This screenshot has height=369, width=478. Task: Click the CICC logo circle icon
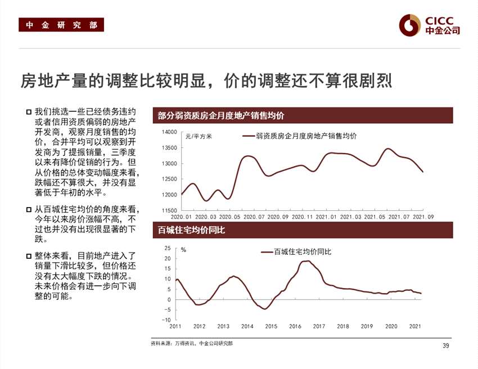click(409, 24)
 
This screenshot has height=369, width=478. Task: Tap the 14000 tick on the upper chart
click(169, 132)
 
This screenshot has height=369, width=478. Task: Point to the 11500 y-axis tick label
click(169, 210)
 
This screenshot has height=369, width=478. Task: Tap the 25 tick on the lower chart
click(167, 248)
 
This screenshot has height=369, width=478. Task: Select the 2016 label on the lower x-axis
click(295, 326)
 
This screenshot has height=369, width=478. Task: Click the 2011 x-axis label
click(175, 326)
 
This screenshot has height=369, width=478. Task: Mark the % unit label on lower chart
click(183, 250)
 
